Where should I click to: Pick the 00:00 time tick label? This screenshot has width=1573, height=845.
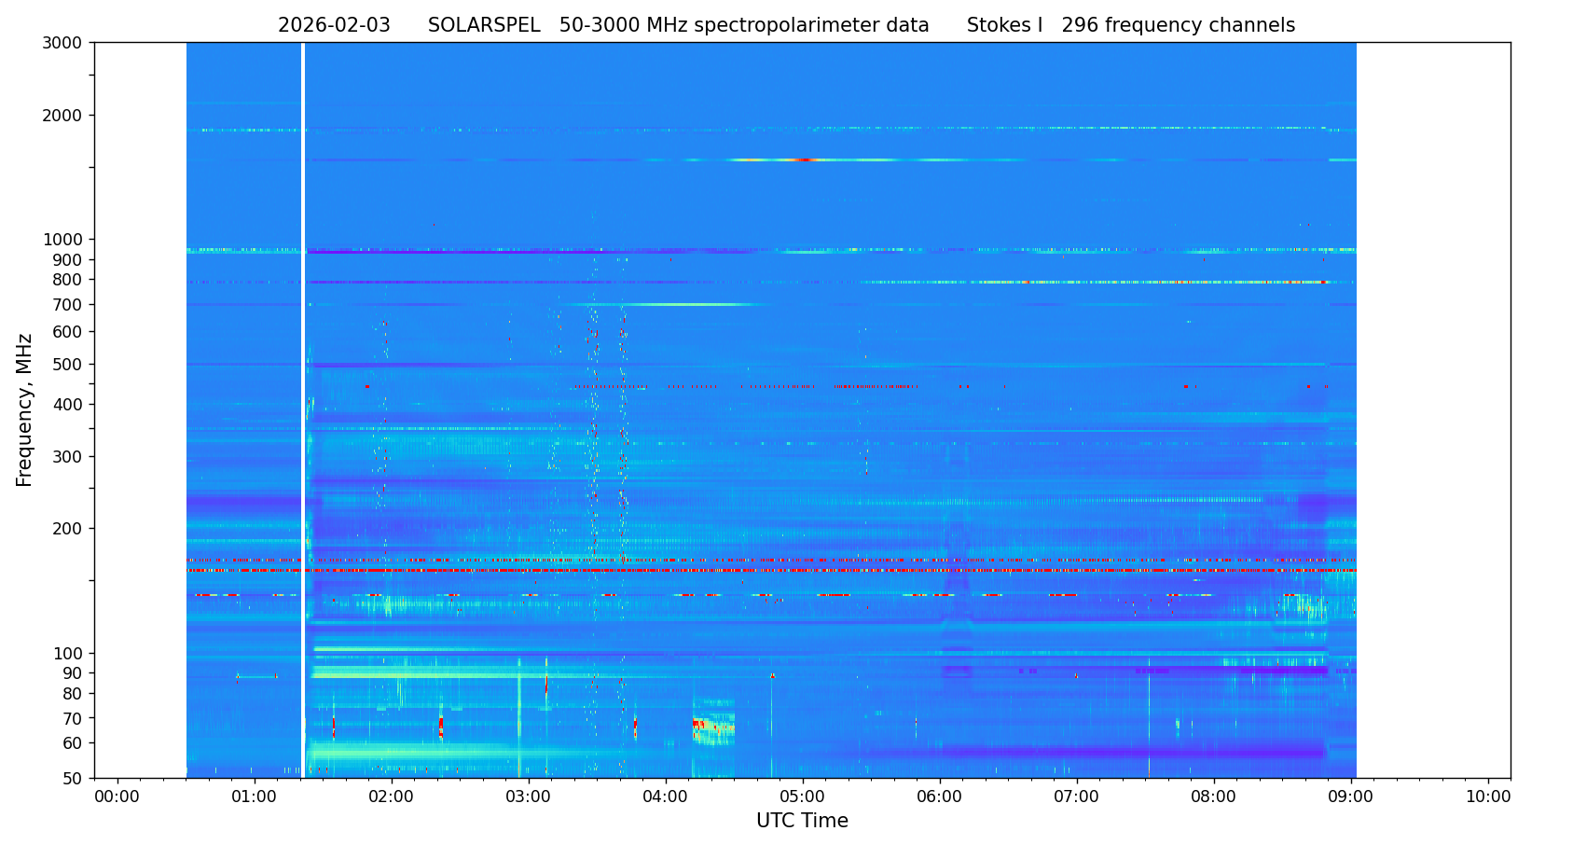[117, 797]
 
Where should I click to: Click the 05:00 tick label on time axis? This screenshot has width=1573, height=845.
[803, 797]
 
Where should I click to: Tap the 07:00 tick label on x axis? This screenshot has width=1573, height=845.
[1077, 797]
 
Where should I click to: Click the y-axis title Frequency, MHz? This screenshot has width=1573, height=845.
[25, 409]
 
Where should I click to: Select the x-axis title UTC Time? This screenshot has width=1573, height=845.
[802, 821]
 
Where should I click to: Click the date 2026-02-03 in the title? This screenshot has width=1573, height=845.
[334, 26]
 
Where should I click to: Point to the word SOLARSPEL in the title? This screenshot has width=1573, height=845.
[484, 26]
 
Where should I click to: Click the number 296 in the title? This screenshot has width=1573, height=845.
[1080, 26]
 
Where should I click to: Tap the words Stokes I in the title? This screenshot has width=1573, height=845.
[1004, 26]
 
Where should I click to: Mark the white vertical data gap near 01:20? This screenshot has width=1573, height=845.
[303, 410]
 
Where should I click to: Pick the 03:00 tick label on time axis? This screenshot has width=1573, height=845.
[529, 797]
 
